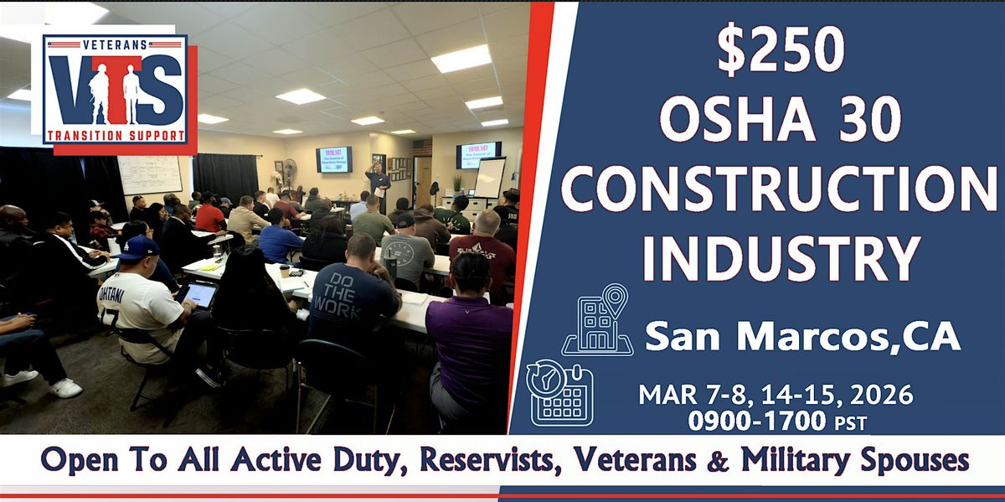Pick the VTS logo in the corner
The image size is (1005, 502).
coord(115,91)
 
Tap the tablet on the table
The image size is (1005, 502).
coord(198,293)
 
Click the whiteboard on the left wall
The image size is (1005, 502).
coord(150,174)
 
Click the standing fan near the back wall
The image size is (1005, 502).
coord(289,172)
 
